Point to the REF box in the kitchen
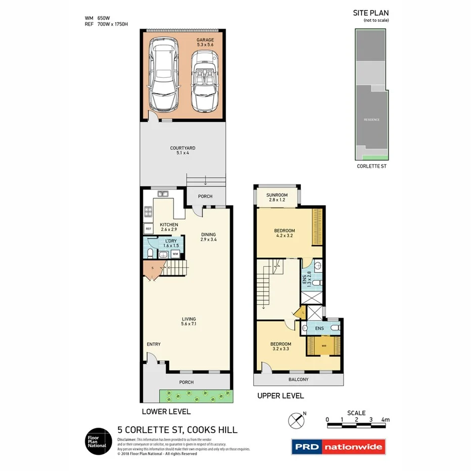149,228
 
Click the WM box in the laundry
175,254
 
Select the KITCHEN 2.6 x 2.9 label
169,227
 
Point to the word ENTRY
154,344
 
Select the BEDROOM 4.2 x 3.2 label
285,233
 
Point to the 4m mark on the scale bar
386,419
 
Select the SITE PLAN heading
370,13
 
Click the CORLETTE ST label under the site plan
371,165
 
